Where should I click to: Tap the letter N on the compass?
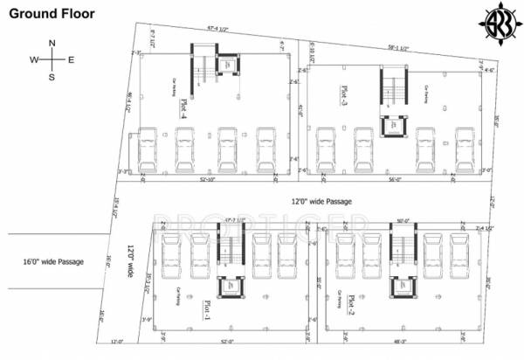pyautogui.click(x=52, y=43)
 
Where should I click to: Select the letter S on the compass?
pyautogui.click(x=52, y=77)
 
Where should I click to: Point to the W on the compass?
pyautogui.click(x=34, y=59)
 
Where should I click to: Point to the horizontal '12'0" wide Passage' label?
pyautogui.click(x=321, y=202)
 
